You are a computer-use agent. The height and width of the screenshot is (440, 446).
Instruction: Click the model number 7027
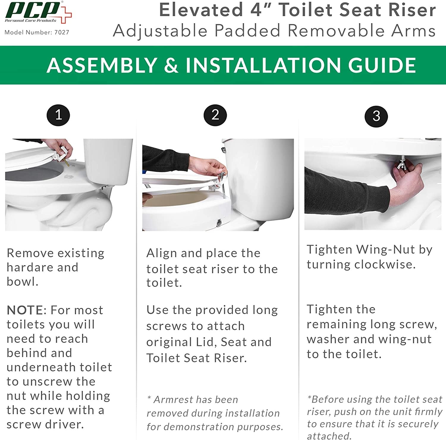point(62,32)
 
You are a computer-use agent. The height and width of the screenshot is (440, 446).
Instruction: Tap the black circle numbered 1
point(58,115)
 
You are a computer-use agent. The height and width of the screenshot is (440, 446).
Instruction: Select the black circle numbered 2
point(215,115)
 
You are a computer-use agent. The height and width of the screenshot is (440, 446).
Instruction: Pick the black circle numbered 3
point(376,116)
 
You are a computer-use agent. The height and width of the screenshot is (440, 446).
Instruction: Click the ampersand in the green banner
point(171,65)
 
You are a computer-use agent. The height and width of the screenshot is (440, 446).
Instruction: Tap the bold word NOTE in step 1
point(25,310)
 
